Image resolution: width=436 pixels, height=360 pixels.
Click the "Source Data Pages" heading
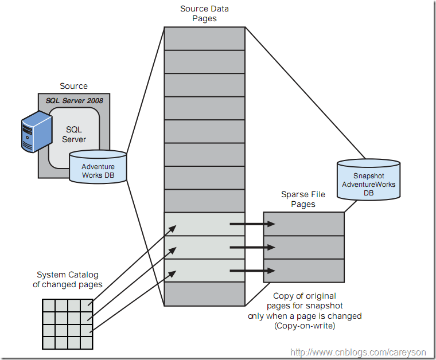point(205,14)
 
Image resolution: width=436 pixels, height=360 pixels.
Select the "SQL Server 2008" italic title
point(74,101)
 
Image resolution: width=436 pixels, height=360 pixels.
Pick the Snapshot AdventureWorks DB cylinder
point(368,180)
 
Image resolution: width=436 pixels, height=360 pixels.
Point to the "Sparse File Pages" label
point(303,199)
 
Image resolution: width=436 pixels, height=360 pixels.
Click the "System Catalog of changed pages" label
point(67,280)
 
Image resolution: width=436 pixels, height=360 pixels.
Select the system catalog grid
point(67,324)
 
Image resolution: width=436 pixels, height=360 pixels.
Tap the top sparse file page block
point(303,224)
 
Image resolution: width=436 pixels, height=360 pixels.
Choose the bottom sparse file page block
point(303,271)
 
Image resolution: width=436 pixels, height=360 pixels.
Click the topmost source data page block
point(205,39)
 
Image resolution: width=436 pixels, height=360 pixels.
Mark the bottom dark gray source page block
point(205,294)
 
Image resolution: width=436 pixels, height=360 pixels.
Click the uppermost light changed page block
point(205,224)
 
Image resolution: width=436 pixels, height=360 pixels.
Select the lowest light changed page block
point(205,271)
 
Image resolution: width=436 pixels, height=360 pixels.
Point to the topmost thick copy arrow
point(252,224)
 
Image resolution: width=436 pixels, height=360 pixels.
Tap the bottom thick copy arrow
point(252,271)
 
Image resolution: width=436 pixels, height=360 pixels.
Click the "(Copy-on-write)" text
point(305,326)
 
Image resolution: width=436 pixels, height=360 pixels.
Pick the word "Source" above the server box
point(74,86)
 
